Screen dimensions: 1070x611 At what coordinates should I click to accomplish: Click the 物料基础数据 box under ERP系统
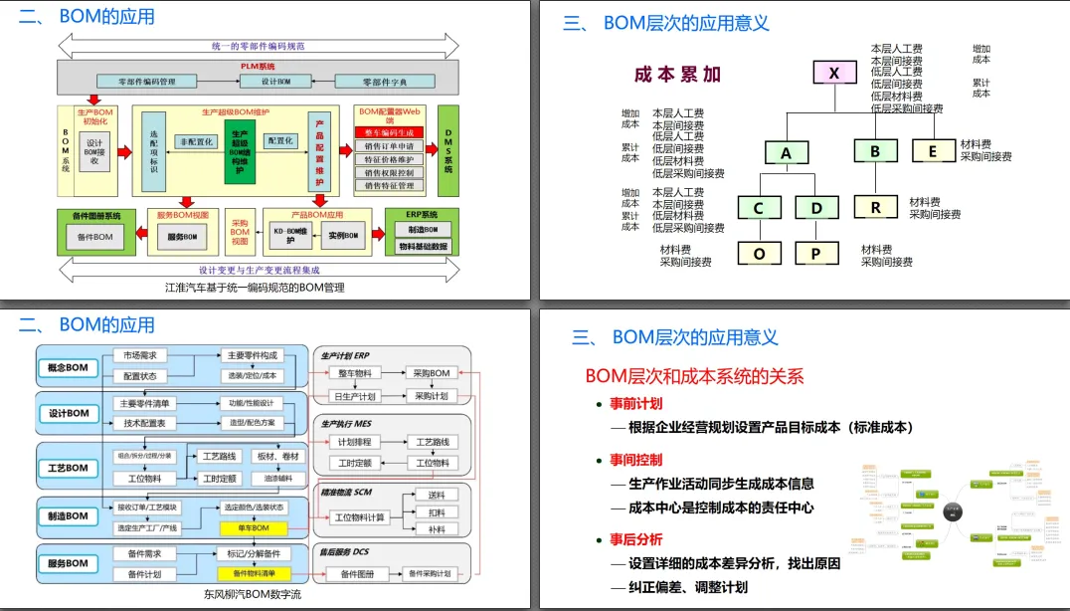point(424,246)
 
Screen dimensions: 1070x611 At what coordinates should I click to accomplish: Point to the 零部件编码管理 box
point(147,82)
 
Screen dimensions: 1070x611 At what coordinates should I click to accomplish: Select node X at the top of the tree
point(834,73)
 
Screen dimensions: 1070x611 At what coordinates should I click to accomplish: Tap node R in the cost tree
point(876,207)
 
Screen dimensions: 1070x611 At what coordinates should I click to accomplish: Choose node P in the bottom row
point(816,253)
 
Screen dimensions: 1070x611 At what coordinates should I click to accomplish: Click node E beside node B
point(933,151)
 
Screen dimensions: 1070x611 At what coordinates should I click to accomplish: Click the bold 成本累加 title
point(677,75)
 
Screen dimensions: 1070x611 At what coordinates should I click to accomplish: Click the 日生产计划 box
point(355,396)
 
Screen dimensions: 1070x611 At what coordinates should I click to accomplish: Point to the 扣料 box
point(437,512)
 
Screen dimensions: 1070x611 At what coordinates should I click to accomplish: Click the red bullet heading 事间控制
point(635,461)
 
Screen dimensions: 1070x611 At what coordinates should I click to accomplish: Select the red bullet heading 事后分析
point(635,539)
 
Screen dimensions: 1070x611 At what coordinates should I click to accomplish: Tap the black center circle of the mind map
point(952,511)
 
